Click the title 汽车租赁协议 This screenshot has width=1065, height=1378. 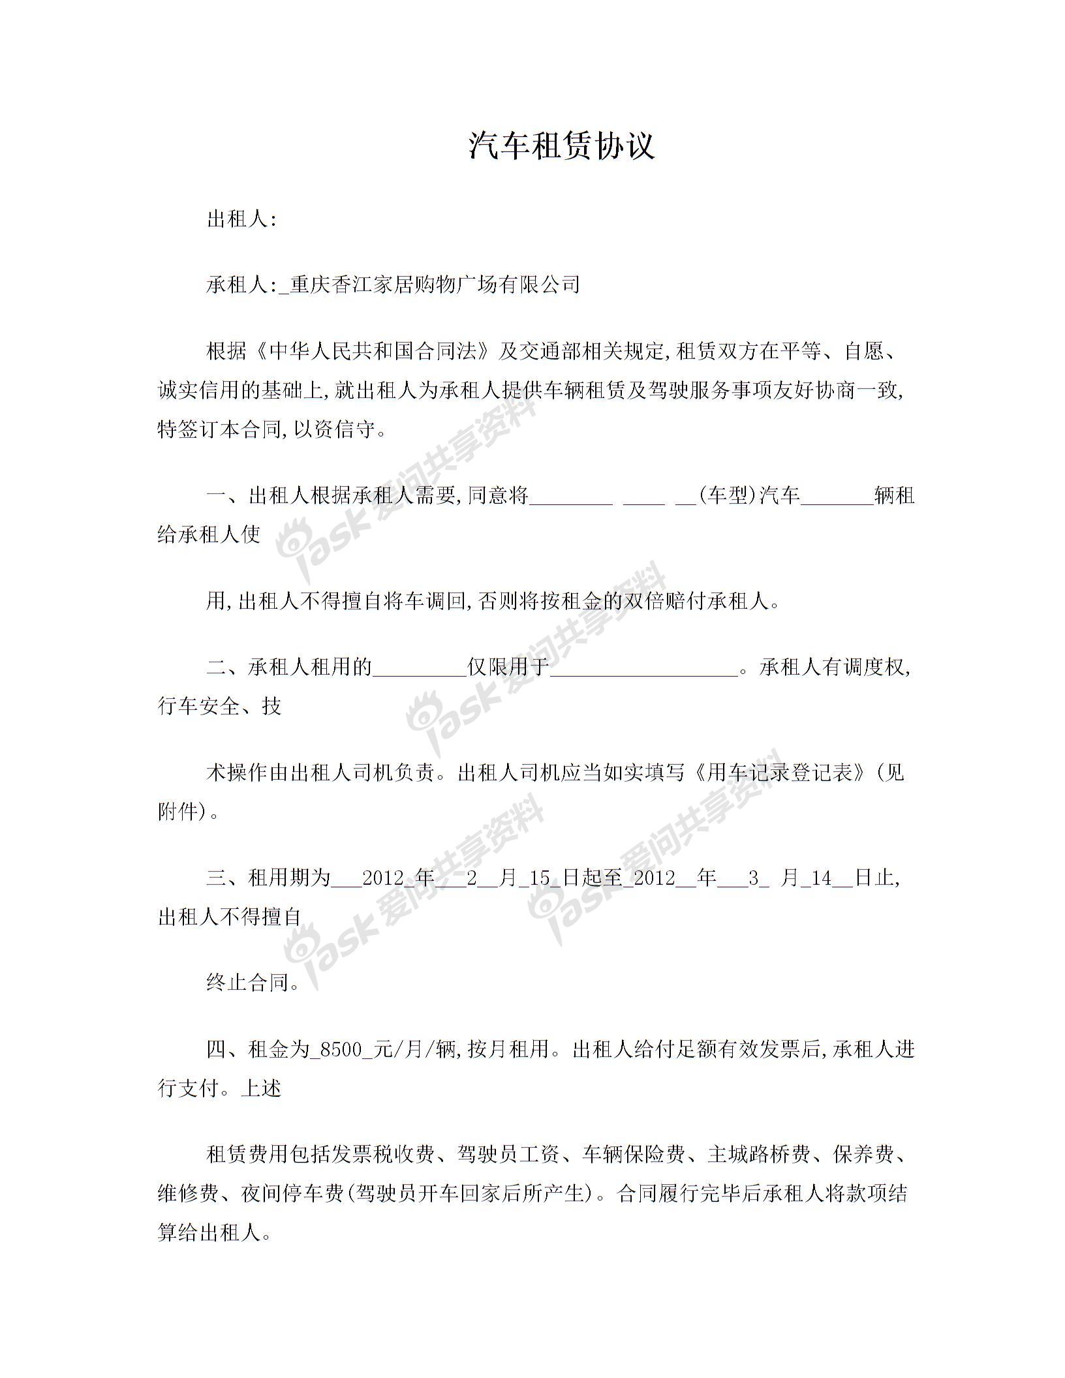(561, 145)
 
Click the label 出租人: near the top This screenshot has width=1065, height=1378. (242, 219)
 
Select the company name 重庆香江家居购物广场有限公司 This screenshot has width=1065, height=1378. (435, 284)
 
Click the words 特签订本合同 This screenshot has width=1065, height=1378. (218, 431)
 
